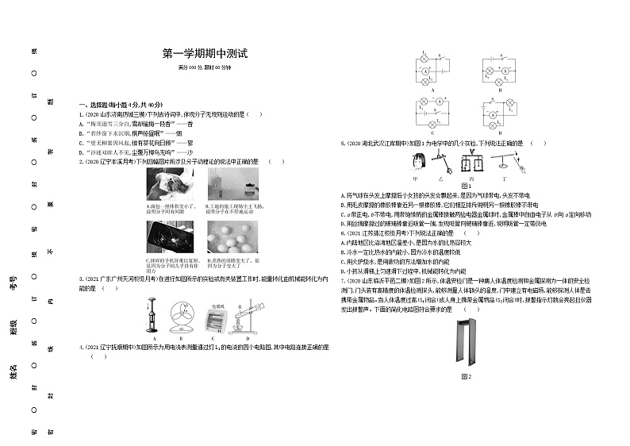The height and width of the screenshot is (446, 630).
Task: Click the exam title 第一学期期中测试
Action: [x=205, y=54]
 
